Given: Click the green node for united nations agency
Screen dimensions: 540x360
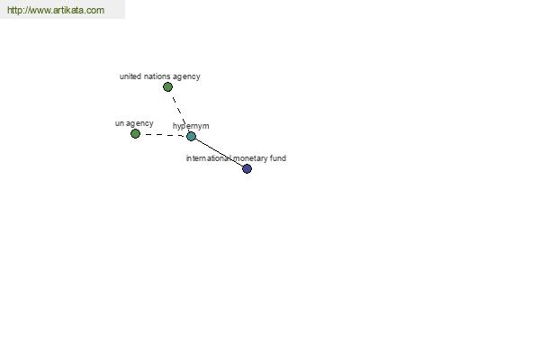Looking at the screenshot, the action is (x=167, y=86).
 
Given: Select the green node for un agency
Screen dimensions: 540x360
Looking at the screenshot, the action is (x=135, y=134).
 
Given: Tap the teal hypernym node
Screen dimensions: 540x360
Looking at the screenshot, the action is (x=191, y=137).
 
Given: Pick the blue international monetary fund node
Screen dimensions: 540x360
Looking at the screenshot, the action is (x=247, y=169).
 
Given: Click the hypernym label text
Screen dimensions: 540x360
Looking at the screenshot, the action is (x=191, y=126).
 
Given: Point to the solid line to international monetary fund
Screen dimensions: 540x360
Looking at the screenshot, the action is (x=219, y=153).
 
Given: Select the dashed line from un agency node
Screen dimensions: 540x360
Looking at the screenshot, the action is (x=164, y=135).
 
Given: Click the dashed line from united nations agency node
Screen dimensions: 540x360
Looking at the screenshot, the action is (x=179, y=110).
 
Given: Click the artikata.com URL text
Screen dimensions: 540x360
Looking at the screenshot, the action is (x=56, y=10).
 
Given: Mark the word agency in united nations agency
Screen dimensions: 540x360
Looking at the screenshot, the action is (x=186, y=76).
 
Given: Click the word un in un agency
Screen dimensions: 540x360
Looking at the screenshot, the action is (x=119, y=123).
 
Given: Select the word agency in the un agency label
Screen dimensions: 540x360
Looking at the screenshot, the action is (x=139, y=124).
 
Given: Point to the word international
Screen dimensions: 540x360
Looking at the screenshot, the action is (x=209, y=158).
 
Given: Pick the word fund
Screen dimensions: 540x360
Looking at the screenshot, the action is (x=278, y=158).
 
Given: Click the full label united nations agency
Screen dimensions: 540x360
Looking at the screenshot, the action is (x=160, y=76).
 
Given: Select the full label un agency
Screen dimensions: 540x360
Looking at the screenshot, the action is (x=134, y=123).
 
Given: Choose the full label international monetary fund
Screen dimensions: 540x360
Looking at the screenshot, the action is (x=236, y=158).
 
